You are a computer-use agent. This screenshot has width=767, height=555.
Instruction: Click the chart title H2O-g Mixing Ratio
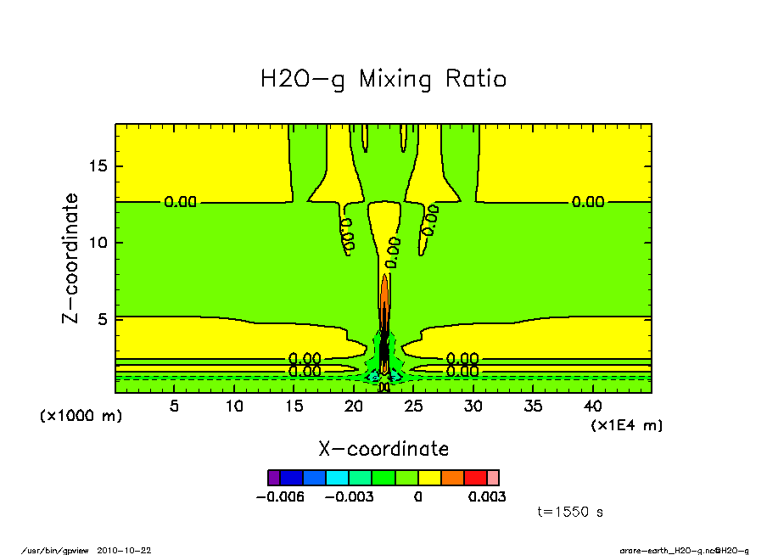pyautogui.click(x=383, y=80)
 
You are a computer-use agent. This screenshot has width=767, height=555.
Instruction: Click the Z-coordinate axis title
pyautogui.click(x=71, y=258)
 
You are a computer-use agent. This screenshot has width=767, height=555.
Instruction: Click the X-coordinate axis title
pyautogui.click(x=383, y=449)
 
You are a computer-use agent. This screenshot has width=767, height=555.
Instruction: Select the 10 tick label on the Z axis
pyautogui.click(x=98, y=243)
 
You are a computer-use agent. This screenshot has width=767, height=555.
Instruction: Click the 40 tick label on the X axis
pyautogui.click(x=593, y=406)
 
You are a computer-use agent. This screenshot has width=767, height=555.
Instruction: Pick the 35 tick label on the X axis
pyautogui.click(x=534, y=406)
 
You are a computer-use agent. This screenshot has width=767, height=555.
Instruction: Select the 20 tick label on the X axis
pyautogui.click(x=354, y=406)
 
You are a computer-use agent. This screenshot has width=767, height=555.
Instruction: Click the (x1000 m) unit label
pyautogui.click(x=81, y=416)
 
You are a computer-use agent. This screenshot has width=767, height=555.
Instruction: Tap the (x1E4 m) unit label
pyautogui.click(x=627, y=424)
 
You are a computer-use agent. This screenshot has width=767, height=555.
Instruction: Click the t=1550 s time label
pyautogui.click(x=570, y=512)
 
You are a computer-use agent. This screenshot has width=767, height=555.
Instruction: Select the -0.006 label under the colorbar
pyautogui.click(x=279, y=496)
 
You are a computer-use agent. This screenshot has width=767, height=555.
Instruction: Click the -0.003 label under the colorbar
pyautogui.click(x=351, y=496)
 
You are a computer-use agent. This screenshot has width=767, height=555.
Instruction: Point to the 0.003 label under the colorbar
pyautogui.click(x=487, y=496)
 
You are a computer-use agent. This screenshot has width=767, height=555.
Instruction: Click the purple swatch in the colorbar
pyautogui.click(x=273, y=478)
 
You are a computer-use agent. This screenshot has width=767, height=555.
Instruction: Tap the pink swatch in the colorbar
pyautogui.click(x=493, y=478)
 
